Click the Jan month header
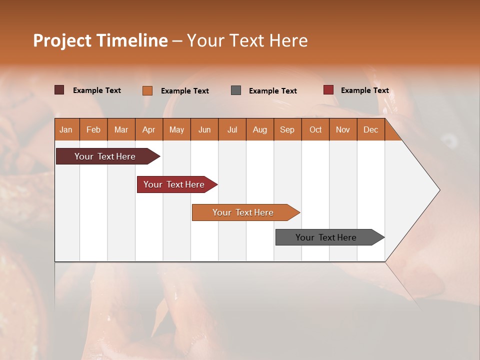click(66, 129)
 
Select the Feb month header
click(93, 129)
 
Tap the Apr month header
click(149, 129)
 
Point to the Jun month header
click(204, 129)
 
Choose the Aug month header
click(260, 129)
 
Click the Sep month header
click(287, 129)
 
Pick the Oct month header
click(315, 129)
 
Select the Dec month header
click(371, 129)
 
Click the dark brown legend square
click(59, 90)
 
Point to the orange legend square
click(147, 90)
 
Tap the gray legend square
click(236, 90)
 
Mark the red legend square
click(328, 90)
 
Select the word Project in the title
click(62, 40)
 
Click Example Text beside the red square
click(365, 90)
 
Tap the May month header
click(176, 129)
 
